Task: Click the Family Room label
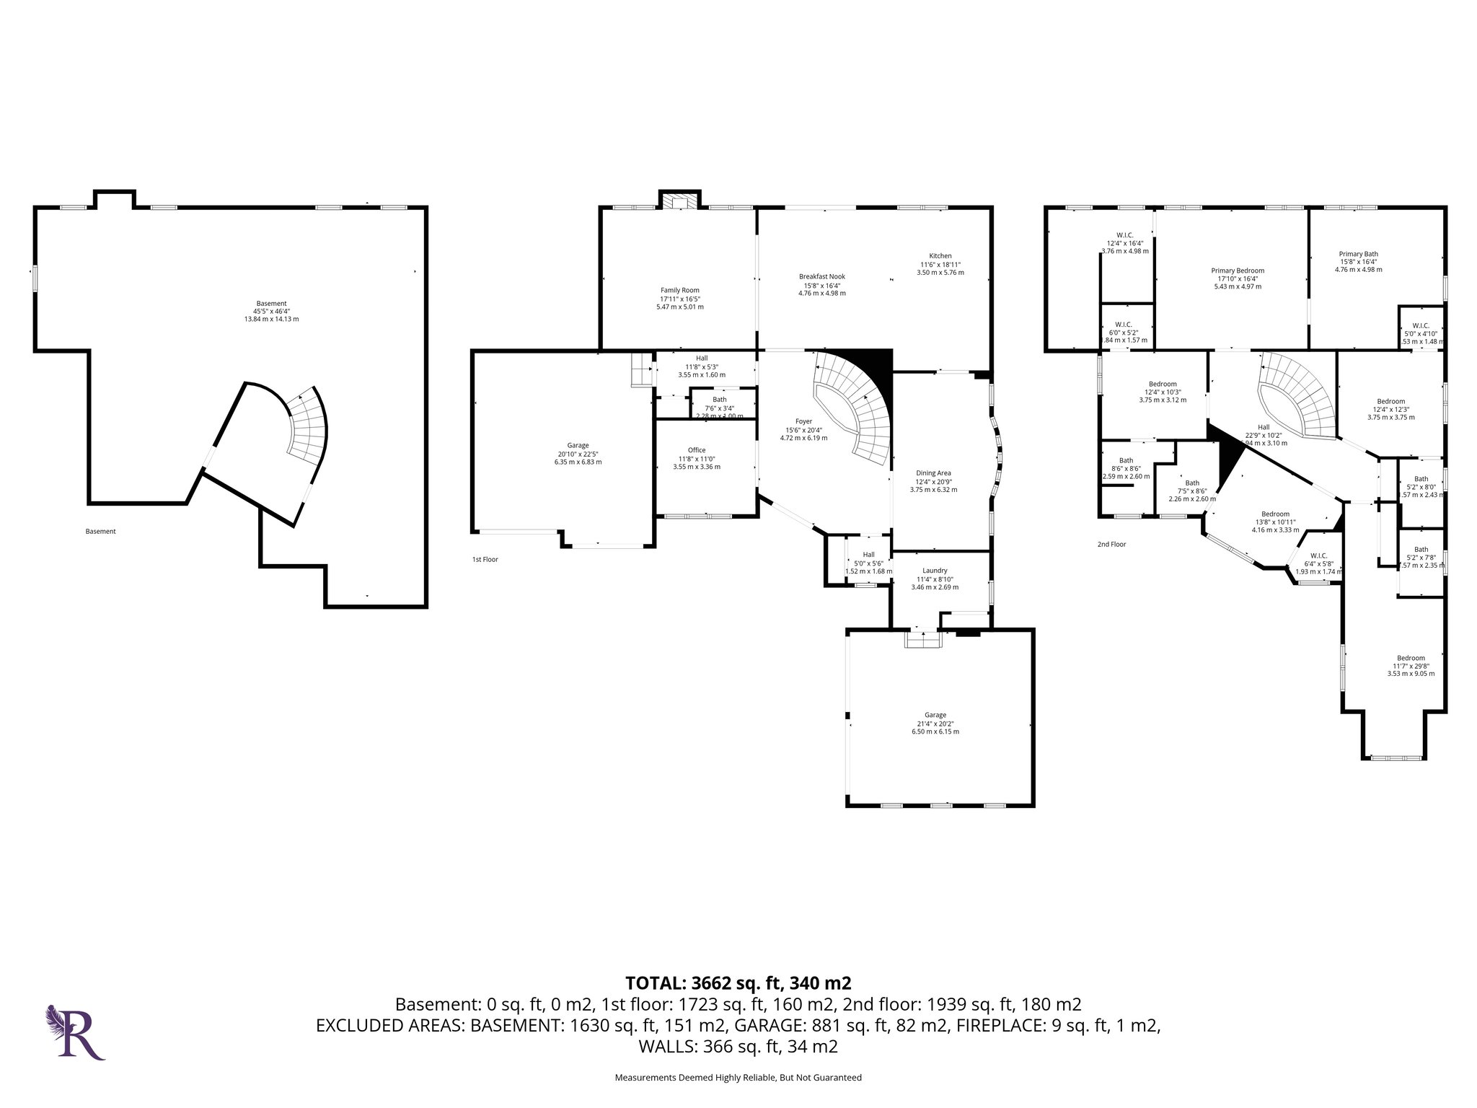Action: (679, 290)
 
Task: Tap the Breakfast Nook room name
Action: (821, 276)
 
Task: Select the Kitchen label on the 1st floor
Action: (940, 256)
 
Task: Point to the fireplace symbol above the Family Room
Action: (678, 201)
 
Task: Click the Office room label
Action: (696, 450)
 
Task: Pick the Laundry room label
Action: (935, 571)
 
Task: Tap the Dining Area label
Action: (933, 473)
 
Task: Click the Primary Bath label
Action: (1358, 254)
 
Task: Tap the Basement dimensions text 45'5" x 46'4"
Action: (271, 312)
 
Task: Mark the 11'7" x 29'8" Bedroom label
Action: (1410, 658)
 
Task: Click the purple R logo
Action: (76, 1032)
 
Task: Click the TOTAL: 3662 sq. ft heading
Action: (738, 982)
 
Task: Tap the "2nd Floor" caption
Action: (1111, 545)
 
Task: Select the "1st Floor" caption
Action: (485, 559)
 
